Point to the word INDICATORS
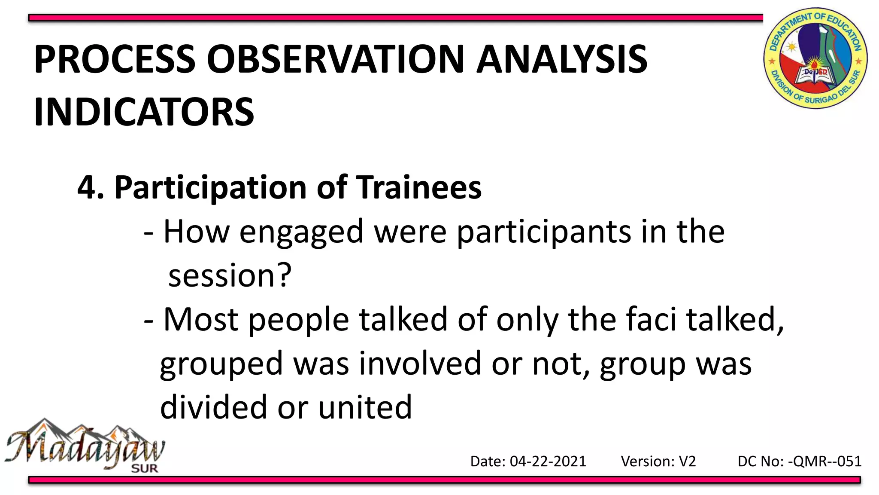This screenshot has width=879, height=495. [x=144, y=112]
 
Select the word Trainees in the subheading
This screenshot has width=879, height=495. [x=419, y=188]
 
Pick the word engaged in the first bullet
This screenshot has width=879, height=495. [x=301, y=232]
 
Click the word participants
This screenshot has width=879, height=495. [x=543, y=232]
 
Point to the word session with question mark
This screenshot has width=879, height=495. [x=230, y=276]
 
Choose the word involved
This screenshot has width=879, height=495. [x=420, y=364]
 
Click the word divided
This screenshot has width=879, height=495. [x=213, y=407]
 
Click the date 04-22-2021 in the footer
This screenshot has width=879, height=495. [x=548, y=461]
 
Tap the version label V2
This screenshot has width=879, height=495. [x=687, y=461]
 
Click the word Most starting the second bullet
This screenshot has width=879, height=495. [x=201, y=320]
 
